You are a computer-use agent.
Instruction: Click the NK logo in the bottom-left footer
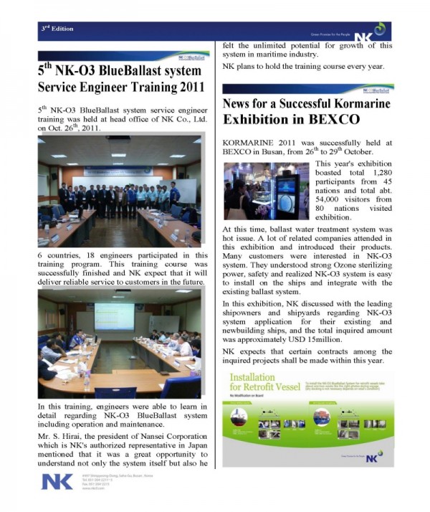(57, 481)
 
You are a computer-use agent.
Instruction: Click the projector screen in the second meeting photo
(115, 316)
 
